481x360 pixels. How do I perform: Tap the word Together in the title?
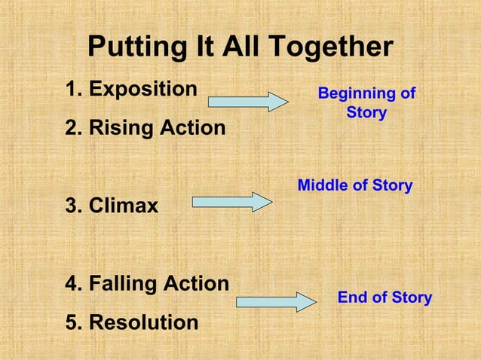(332, 47)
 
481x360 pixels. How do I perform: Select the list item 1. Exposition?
(132, 89)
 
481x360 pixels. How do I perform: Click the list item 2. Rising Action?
(146, 128)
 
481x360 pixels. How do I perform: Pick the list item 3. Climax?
(112, 205)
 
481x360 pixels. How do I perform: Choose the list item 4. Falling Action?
(148, 284)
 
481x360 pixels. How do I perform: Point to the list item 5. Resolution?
(133, 323)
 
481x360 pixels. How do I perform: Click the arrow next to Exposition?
(248, 101)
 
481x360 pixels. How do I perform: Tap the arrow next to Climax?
(232, 202)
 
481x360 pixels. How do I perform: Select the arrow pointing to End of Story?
(276, 302)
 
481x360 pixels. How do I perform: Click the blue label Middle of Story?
(355, 185)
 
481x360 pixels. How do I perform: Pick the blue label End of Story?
(384, 297)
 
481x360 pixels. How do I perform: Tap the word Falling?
(121, 284)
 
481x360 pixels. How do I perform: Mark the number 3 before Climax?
(72, 205)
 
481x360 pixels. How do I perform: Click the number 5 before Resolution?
(72, 323)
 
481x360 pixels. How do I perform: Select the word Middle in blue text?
(323, 185)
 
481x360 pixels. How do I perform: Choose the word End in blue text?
(351, 297)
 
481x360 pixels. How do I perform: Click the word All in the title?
(239, 47)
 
